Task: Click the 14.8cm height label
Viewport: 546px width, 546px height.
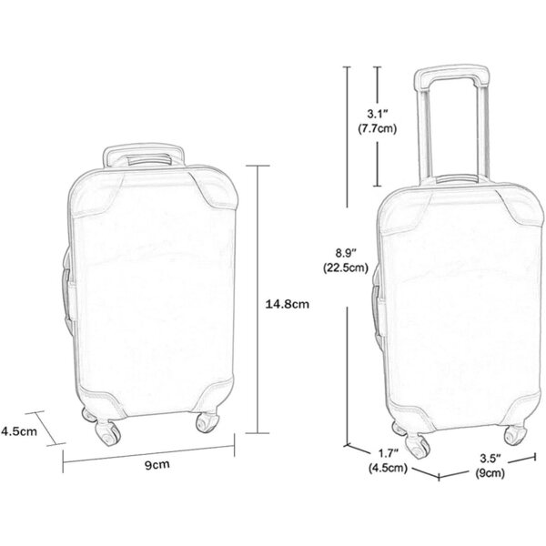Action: click(x=288, y=304)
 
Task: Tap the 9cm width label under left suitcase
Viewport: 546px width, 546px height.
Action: click(x=157, y=464)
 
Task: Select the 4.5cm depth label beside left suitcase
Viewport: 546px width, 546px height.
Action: click(x=19, y=431)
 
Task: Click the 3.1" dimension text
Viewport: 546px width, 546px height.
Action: click(x=378, y=114)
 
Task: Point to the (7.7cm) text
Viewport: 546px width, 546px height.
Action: click(x=378, y=129)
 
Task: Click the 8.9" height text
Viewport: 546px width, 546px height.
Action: click(x=346, y=252)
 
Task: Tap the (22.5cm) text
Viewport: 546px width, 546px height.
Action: click(x=346, y=268)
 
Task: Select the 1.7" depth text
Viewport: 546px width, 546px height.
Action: click(x=389, y=453)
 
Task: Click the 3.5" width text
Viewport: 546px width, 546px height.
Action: click(x=490, y=458)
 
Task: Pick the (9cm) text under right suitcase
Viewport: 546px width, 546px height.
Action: click(x=490, y=473)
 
